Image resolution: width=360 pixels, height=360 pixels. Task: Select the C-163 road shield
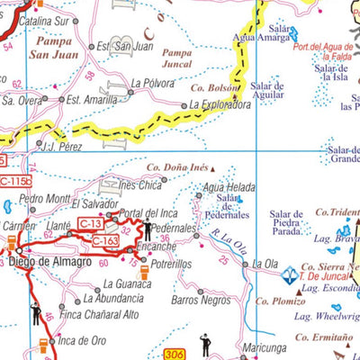105,240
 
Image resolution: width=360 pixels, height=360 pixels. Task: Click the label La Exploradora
220,105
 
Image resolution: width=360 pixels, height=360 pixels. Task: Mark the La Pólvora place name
151,83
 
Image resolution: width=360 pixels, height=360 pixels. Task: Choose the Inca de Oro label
81,340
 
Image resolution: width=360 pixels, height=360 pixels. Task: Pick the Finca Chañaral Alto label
99,314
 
